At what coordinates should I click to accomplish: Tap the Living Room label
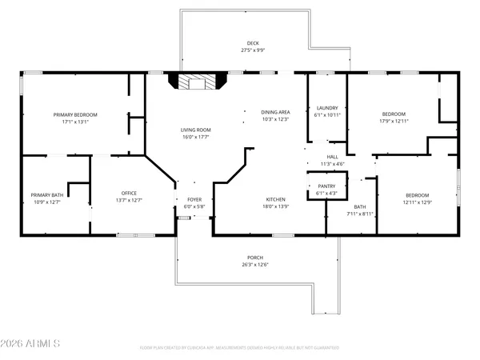194,130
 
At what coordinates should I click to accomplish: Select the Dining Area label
274,112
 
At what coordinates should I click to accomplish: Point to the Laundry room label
327,107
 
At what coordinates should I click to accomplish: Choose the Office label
130,193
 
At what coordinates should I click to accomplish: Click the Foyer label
195,200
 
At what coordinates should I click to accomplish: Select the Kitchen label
276,199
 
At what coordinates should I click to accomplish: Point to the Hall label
333,157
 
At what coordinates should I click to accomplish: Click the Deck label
253,43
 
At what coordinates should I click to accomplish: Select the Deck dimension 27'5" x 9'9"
253,50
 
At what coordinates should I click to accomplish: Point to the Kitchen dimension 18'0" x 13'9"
276,206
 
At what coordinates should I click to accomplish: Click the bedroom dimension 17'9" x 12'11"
394,122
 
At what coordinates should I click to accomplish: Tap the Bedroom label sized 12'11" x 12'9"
417,195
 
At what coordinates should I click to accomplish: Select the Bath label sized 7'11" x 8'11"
360,206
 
